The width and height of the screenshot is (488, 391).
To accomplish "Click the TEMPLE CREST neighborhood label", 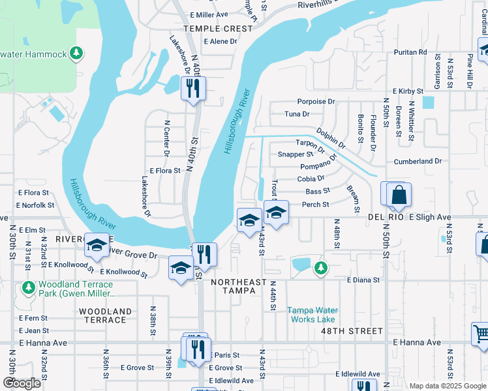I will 218,29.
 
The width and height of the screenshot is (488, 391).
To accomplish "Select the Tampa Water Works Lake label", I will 312,315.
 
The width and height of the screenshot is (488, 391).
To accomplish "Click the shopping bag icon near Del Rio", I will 398,195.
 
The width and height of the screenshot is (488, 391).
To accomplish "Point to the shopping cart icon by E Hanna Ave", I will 481,334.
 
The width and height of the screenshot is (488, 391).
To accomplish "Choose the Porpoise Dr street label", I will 316,102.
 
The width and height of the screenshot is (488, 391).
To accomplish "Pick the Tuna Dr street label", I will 297,114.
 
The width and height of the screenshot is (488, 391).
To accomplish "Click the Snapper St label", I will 295,154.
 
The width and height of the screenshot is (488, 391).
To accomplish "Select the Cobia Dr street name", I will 311,179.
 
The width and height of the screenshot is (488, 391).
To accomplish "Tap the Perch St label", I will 315,204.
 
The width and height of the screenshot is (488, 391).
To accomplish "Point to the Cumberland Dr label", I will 418,161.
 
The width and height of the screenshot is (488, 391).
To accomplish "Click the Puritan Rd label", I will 414,51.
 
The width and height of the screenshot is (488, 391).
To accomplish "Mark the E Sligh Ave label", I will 430,217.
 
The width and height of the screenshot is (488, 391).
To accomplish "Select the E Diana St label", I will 363,280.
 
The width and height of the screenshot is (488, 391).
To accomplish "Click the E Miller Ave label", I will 209,14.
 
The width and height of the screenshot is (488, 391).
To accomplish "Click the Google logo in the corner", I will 22,383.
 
